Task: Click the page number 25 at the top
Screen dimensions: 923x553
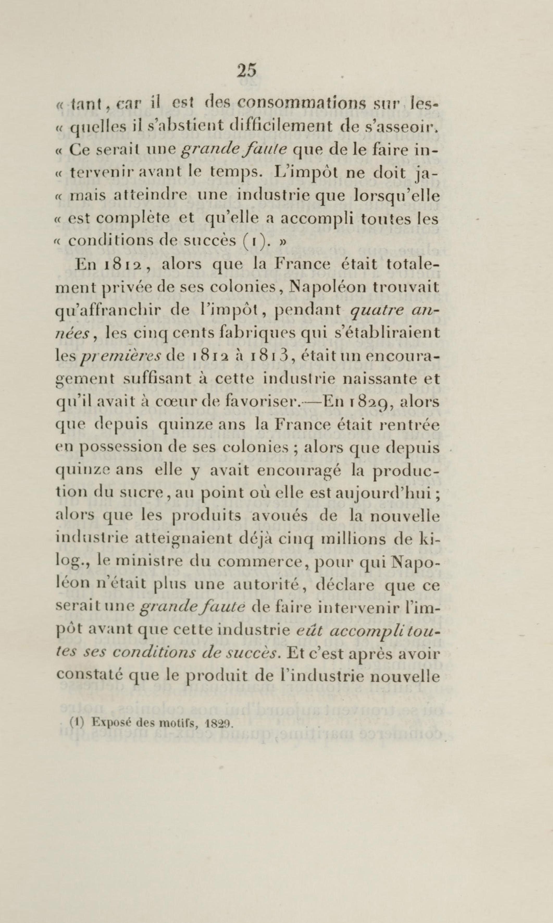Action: click(246, 70)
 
